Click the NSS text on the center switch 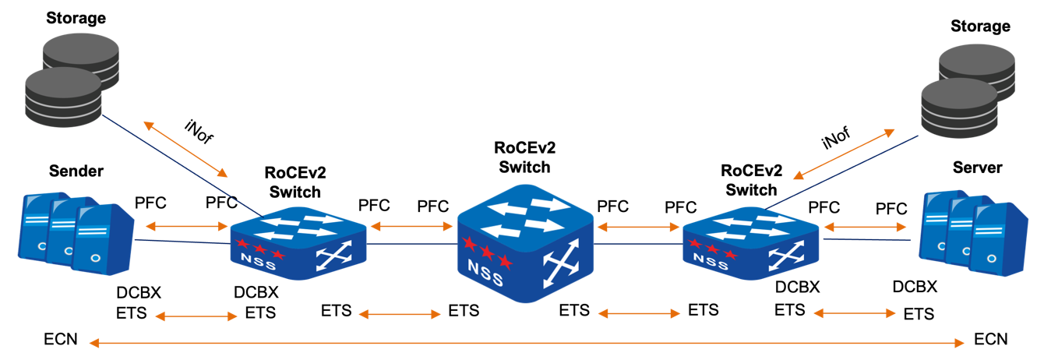click(x=485, y=268)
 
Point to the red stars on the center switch click(x=487, y=251)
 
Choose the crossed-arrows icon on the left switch click(x=333, y=256)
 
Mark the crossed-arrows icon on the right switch click(x=786, y=256)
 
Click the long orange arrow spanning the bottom click(x=527, y=343)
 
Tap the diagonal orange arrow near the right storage click(x=844, y=154)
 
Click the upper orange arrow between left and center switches click(x=411, y=227)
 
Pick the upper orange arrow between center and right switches click(x=638, y=227)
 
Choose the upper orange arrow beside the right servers click(x=865, y=227)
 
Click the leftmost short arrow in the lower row click(x=196, y=316)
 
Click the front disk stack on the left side click(x=64, y=97)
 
